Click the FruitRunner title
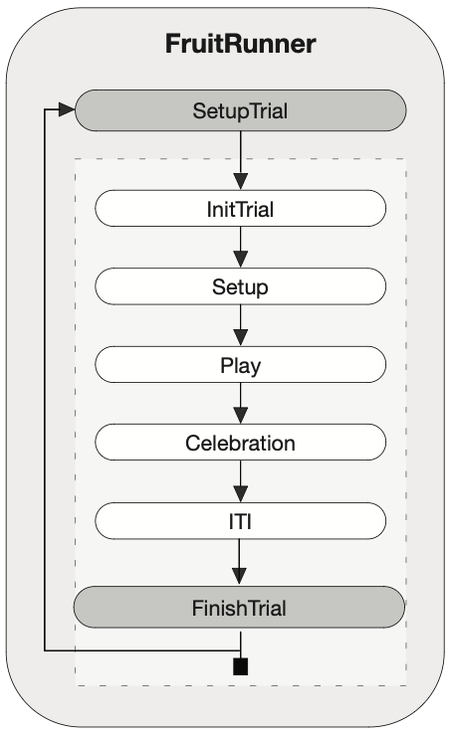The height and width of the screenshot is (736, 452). tap(240, 44)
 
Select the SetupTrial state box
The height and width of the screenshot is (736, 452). tap(241, 110)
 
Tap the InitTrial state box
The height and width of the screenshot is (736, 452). tap(241, 209)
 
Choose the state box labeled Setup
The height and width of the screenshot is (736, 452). tap(241, 286)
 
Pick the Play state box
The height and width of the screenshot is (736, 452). tap(241, 365)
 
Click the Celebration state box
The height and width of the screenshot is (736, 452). tap(241, 443)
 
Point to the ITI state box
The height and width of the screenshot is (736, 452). tap(241, 521)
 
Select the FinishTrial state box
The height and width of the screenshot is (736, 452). tap(239, 607)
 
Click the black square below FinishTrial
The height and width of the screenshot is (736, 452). tap(241, 666)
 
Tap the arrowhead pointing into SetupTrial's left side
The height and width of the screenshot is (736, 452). tap(67, 109)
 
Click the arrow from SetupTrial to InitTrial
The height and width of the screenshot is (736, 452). tap(241, 160)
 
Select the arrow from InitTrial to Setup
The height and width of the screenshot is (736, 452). tap(241, 248)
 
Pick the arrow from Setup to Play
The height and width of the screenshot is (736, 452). tap(241, 325)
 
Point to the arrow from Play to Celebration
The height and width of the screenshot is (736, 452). tap(241, 403)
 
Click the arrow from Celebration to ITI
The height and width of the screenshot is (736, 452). tap(241, 481)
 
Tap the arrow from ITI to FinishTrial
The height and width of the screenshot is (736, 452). tap(239, 562)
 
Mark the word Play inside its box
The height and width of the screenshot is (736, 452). tap(241, 366)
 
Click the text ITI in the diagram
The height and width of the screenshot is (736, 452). tap(240, 521)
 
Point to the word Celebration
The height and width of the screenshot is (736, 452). tap(240, 444)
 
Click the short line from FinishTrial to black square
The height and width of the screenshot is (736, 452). tap(241, 644)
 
